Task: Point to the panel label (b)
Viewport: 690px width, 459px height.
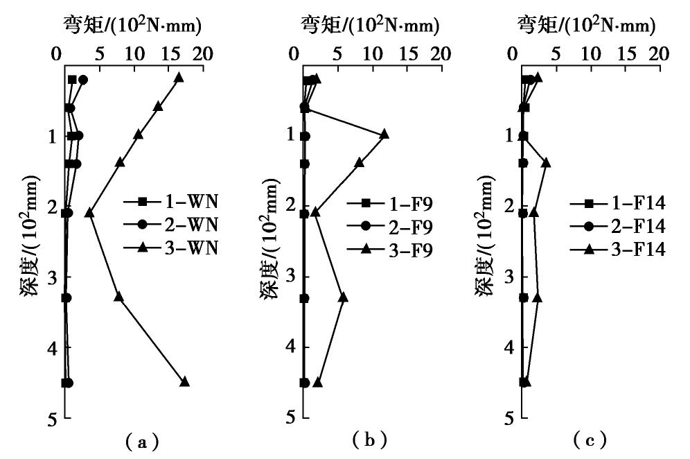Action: coord(369,440)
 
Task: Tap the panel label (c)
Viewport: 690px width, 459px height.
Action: coord(590,440)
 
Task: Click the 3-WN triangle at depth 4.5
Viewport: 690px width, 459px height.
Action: coord(184,382)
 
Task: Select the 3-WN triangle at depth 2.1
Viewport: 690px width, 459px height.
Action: coord(89,213)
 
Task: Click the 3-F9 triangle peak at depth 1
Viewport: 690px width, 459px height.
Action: coord(384,134)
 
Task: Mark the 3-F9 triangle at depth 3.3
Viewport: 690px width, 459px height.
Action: coord(343,297)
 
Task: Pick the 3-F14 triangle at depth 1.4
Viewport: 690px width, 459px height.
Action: coord(546,162)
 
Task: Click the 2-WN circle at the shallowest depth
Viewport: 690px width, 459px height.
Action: coord(83,80)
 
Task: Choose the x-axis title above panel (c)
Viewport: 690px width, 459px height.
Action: coord(586,26)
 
